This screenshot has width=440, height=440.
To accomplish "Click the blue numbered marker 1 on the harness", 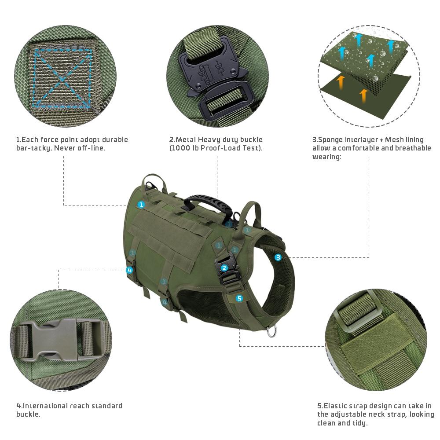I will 141,205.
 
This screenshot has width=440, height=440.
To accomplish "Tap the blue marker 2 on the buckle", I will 224,268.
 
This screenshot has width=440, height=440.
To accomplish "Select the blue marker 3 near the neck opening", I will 278,257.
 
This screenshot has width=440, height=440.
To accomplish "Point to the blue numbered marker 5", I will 239,298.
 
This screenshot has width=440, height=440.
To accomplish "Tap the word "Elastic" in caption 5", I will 337,406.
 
